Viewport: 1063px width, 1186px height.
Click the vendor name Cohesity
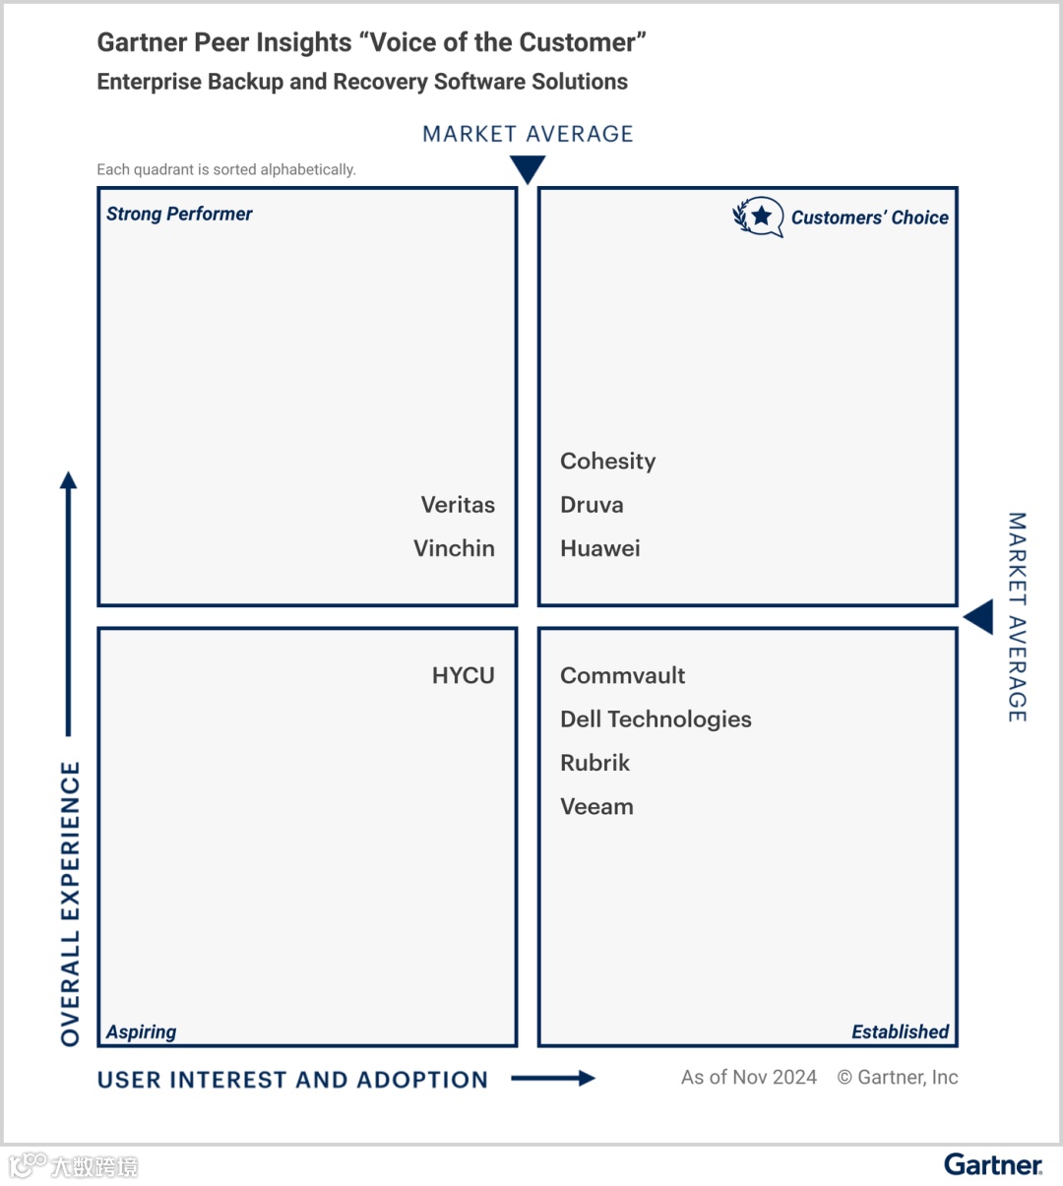607,462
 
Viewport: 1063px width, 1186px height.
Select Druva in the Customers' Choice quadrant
592,505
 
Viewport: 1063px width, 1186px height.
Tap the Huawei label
599,548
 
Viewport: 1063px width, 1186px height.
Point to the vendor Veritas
458,505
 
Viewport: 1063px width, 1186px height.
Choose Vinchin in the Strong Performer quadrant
454,548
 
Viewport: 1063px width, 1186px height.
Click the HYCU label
463,675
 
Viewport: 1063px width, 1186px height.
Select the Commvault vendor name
622,675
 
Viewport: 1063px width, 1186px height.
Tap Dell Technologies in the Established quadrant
656,719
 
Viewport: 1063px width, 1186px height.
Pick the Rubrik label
594,763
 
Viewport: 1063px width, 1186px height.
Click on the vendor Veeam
596,807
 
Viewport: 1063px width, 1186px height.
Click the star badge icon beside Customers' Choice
759,217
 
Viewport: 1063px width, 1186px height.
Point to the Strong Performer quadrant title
179,215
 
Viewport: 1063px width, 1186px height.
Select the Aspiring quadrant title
142,1031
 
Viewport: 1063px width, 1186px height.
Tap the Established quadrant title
900,1031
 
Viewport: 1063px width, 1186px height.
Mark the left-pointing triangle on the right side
980,618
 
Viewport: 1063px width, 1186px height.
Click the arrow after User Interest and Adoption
553,1079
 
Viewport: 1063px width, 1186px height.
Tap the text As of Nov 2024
748,1078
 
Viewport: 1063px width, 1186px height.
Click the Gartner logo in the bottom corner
992,1165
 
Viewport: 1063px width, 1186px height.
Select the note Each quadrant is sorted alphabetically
226,169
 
